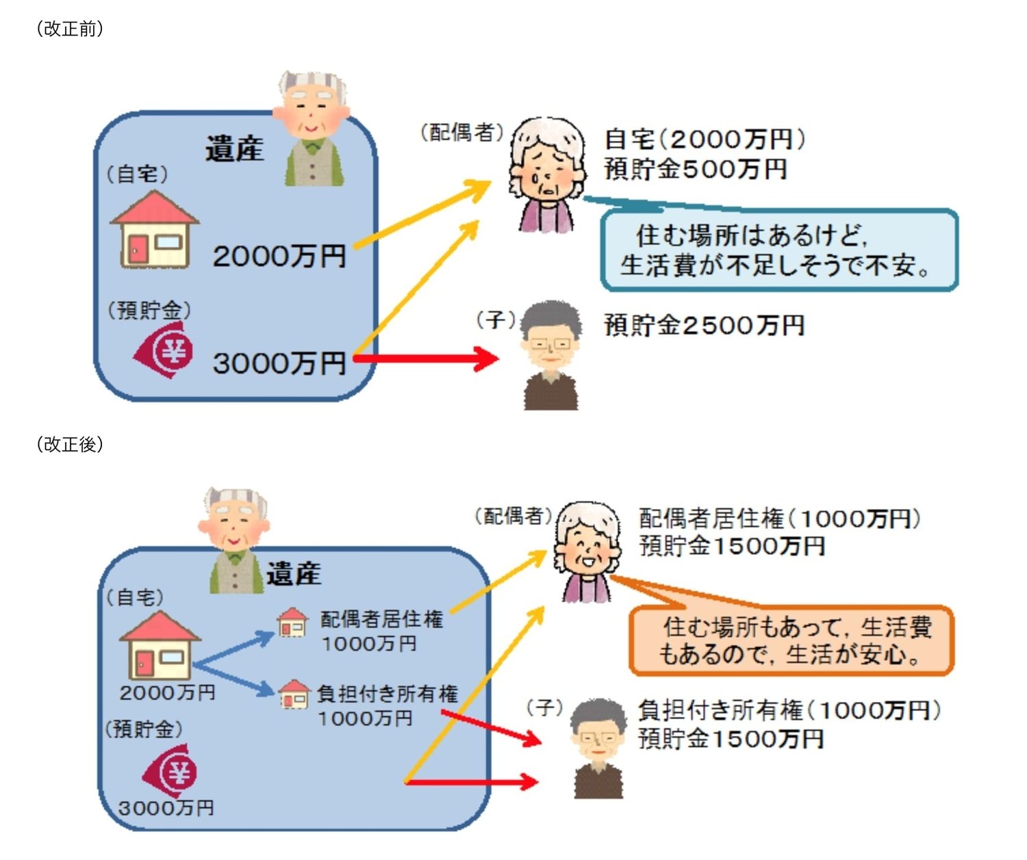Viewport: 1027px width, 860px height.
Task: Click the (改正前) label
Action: (x=69, y=29)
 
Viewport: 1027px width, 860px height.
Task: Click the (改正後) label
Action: (x=69, y=445)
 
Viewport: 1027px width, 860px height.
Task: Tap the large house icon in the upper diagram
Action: (x=155, y=230)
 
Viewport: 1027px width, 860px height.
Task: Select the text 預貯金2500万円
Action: (x=704, y=326)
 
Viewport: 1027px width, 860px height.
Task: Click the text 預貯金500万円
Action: (x=695, y=169)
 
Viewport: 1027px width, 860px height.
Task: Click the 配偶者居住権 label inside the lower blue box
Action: (x=381, y=619)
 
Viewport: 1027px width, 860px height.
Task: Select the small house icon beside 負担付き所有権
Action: (x=294, y=694)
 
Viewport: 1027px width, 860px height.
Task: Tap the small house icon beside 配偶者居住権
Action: (x=292, y=623)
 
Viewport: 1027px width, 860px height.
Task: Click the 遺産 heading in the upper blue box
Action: (x=234, y=149)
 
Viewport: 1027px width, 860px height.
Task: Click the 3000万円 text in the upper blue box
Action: (x=279, y=363)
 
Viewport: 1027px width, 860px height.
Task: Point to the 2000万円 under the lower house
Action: (x=167, y=692)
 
